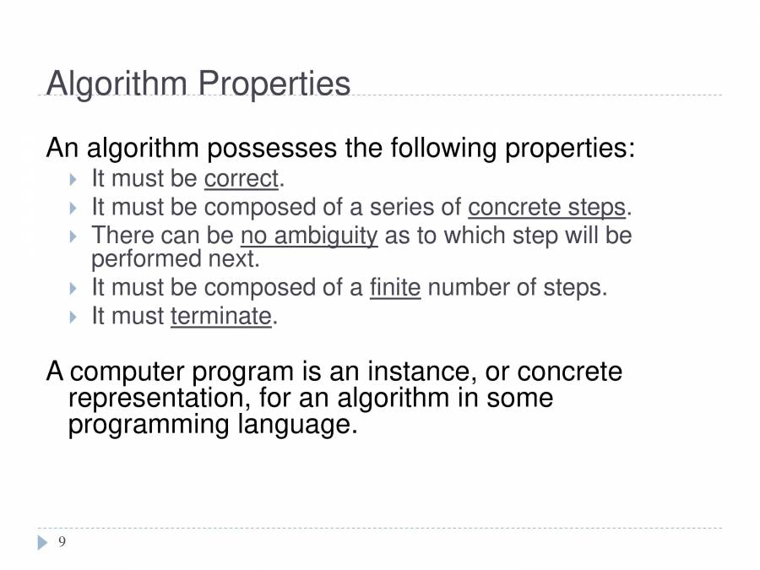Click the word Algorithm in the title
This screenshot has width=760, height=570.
tap(117, 84)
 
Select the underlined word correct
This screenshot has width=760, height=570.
tap(241, 179)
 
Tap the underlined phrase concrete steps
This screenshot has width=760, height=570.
tap(546, 207)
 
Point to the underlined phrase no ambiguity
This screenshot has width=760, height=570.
tap(309, 236)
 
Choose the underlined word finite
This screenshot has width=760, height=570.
tap(395, 288)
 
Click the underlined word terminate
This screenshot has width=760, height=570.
tap(221, 317)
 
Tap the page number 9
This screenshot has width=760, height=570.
tap(62, 542)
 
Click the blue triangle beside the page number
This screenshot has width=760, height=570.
tap(43, 542)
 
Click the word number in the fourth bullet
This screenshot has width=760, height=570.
tap(468, 288)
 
